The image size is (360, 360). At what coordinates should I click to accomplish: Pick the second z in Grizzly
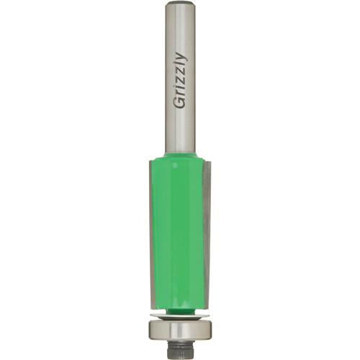[x=180, y=73]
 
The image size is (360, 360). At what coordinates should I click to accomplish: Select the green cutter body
[x=179, y=223]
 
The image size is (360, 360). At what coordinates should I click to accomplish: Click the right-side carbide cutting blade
[x=207, y=230]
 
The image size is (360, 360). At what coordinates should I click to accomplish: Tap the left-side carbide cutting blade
[x=150, y=230]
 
